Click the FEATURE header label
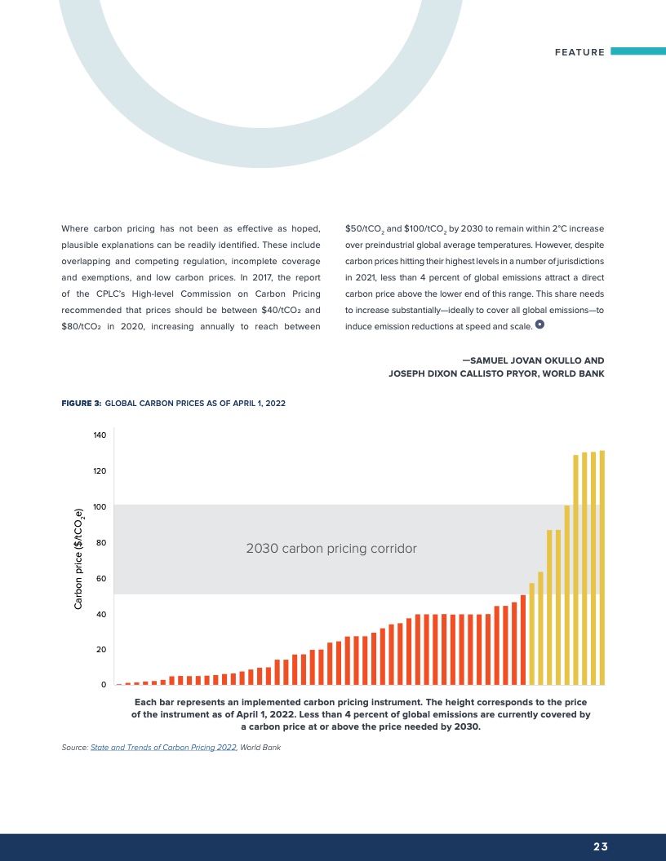click(x=579, y=52)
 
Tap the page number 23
click(x=601, y=846)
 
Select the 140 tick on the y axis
click(x=99, y=435)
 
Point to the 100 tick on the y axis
click(x=99, y=506)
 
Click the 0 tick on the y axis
click(x=104, y=685)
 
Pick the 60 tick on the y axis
click(x=100, y=578)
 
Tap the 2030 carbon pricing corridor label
click(x=331, y=549)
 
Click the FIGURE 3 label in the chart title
click(x=81, y=404)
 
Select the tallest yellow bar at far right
click(x=602, y=567)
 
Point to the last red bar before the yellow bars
click(x=523, y=640)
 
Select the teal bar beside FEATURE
click(x=637, y=51)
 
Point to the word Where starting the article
click(x=74, y=227)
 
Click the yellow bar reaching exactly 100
click(x=567, y=595)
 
